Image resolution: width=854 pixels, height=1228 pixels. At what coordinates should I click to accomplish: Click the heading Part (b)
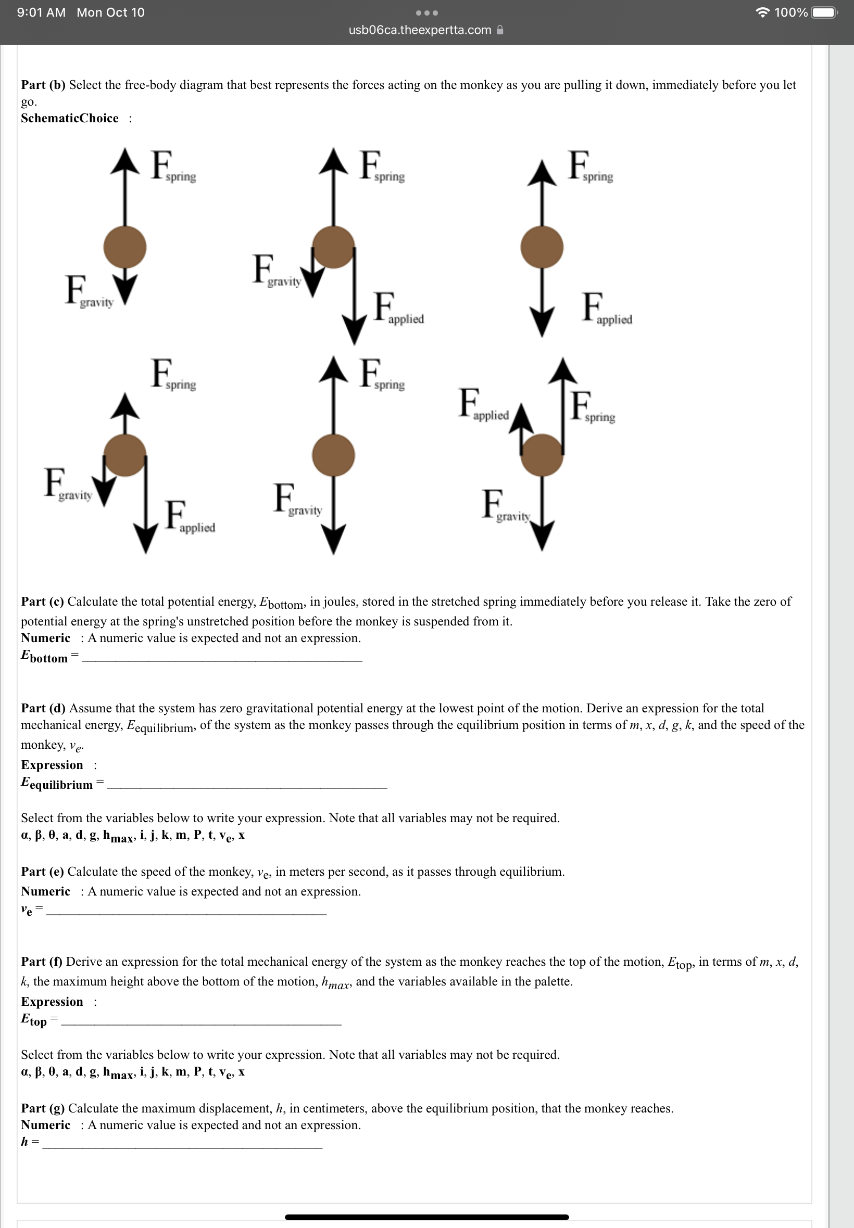43,85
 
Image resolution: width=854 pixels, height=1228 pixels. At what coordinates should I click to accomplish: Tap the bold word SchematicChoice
70,118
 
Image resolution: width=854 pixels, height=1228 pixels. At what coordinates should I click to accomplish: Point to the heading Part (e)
42,872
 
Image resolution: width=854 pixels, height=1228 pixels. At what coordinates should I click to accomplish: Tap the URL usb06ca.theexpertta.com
420,30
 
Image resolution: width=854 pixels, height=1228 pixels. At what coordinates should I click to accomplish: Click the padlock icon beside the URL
500,30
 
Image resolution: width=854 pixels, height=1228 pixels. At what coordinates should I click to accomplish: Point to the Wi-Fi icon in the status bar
762,12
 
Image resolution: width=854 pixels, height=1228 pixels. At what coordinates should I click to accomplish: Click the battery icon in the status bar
824,12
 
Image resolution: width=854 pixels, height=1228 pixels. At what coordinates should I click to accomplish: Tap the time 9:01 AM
41,12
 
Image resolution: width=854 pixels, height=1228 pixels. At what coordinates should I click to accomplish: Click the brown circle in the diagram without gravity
542,247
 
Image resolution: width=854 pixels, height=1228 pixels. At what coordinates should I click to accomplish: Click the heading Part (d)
43,708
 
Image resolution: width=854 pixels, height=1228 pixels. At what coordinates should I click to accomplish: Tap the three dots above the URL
427,12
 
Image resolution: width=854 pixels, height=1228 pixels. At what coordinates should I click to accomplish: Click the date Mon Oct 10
110,12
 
